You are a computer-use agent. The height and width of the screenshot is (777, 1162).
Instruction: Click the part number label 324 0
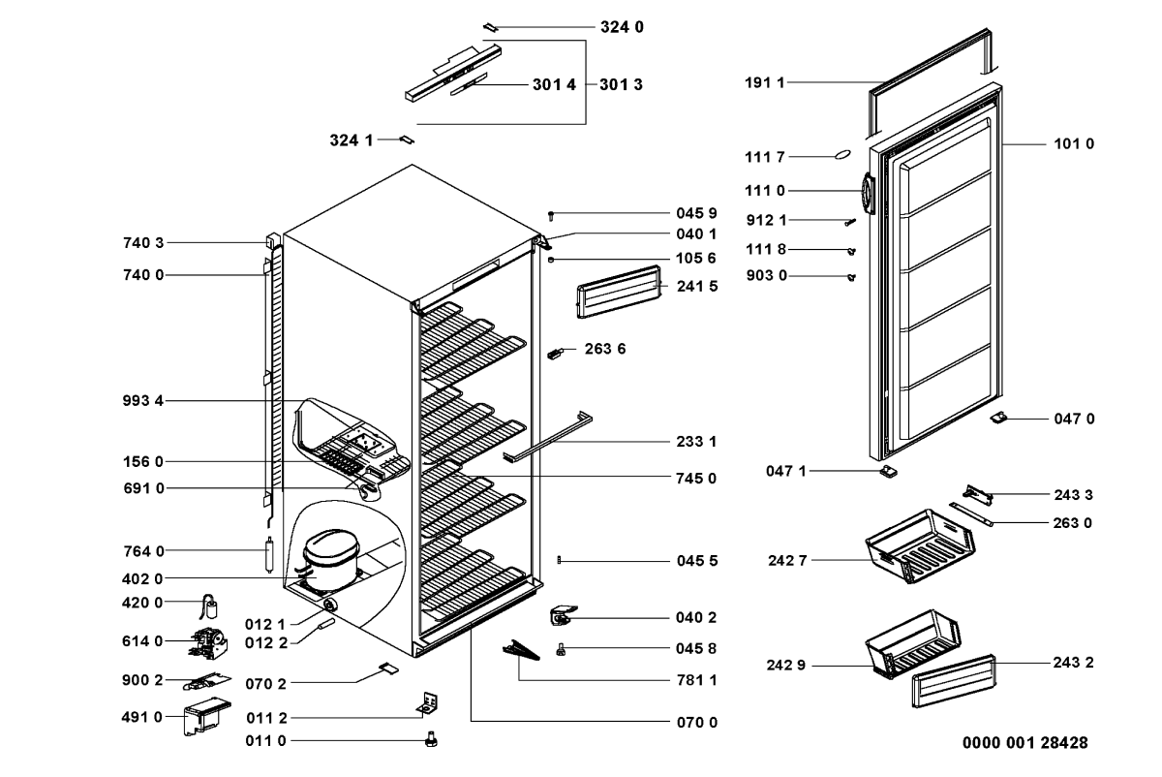tap(626, 27)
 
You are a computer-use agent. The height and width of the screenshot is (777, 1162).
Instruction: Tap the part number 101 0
tap(1074, 143)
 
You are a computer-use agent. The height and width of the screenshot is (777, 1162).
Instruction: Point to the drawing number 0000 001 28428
tap(1024, 743)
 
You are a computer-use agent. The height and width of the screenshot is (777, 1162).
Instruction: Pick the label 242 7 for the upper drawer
tap(787, 560)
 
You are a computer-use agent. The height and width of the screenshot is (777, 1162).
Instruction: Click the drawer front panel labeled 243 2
tap(953, 681)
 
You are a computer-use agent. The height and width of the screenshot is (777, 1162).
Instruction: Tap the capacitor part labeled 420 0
tap(211, 607)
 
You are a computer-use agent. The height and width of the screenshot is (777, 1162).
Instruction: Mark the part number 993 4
tap(143, 401)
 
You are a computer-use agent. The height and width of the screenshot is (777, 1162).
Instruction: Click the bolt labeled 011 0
tap(431, 741)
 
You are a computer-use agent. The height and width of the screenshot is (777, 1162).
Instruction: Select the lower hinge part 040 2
tap(563, 616)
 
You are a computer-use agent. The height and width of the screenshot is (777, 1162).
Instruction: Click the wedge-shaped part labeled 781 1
tap(523, 652)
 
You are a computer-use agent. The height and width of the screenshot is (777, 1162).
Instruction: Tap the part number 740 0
tap(143, 275)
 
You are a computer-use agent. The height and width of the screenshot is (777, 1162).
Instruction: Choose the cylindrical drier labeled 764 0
tap(269, 558)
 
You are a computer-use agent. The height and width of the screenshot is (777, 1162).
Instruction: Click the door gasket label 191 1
tap(765, 83)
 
